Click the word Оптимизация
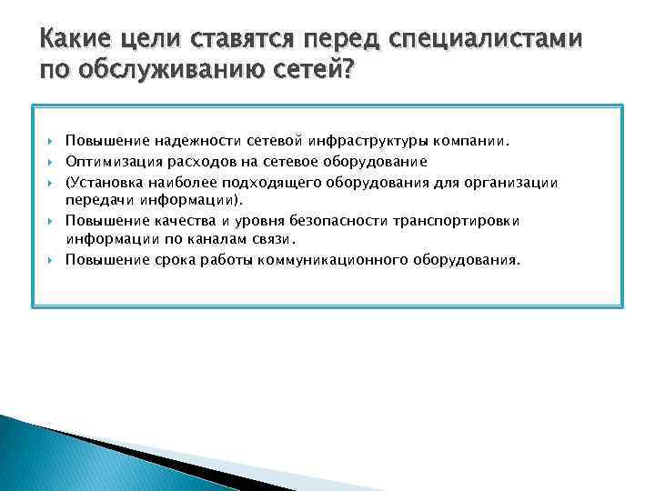click(x=108, y=162)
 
